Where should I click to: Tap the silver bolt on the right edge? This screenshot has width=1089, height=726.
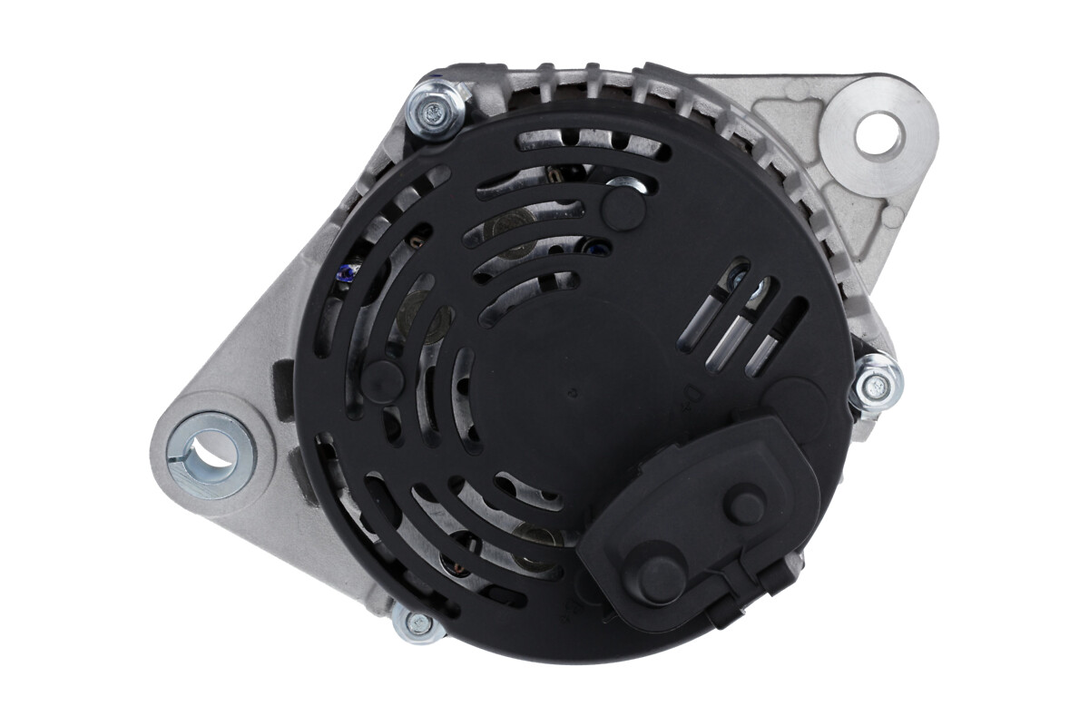click(877, 385)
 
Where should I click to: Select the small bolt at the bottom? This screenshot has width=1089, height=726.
click(418, 623)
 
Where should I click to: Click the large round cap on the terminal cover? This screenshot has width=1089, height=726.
click(660, 575)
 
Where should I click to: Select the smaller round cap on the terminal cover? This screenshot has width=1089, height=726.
click(746, 505)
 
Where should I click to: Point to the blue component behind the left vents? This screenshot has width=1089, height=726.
click(347, 271)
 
